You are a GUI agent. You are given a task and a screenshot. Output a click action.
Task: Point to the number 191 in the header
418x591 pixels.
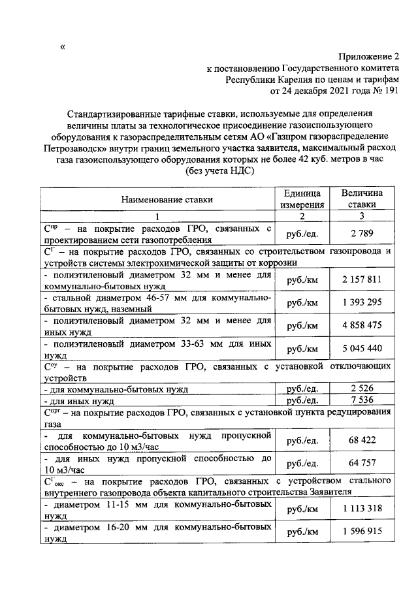click(390, 91)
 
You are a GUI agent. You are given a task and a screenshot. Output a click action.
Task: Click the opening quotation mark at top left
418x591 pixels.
click(63, 46)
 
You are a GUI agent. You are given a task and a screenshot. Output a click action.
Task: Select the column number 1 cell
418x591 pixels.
click(157, 216)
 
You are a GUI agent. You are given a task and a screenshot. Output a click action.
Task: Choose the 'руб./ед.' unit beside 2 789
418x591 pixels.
click(302, 234)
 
